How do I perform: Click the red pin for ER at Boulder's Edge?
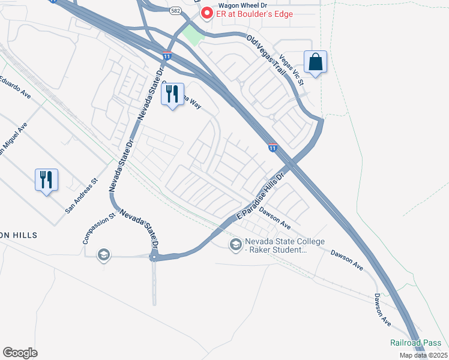pos(207,13)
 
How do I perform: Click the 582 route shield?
pos(175,11)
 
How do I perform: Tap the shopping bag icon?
pos(316,61)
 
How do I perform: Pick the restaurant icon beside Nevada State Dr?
pos(172,94)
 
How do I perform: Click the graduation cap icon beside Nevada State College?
pos(235,244)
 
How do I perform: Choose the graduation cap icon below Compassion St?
pos(103,255)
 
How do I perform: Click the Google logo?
pos(20,353)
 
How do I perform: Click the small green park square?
pos(193,34)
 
